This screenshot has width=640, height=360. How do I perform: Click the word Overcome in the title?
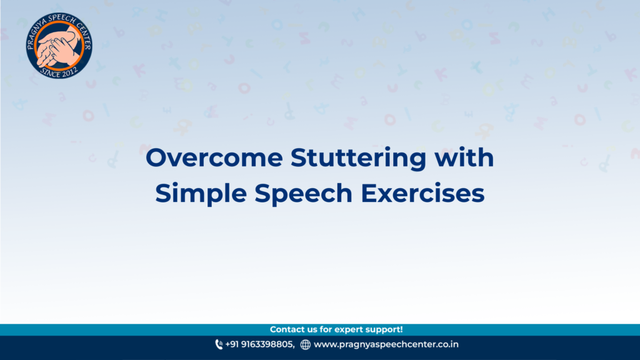(x=214, y=157)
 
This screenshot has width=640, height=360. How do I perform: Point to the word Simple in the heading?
(x=201, y=194)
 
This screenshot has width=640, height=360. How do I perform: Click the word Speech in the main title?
(x=303, y=194)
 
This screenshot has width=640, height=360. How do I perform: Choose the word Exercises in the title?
(x=422, y=193)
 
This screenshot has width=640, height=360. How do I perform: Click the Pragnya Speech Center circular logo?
(x=59, y=45)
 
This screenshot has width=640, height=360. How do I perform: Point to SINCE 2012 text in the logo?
(x=59, y=72)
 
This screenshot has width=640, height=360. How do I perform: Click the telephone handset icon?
(x=219, y=344)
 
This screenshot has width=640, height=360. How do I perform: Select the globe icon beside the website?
(x=305, y=345)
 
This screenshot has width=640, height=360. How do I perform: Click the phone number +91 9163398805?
(x=260, y=344)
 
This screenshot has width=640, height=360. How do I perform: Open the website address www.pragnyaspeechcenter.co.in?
(x=386, y=344)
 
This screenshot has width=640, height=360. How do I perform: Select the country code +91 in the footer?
(x=232, y=344)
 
